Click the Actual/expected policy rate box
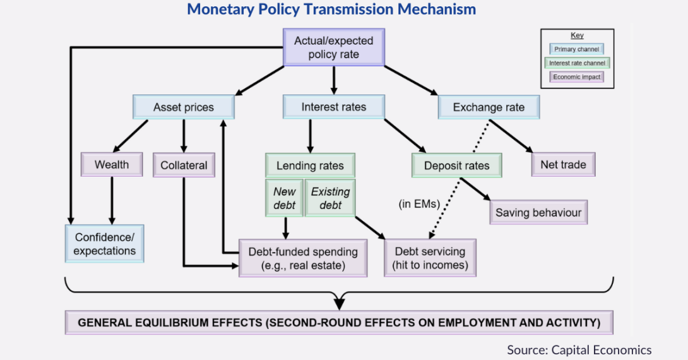click(333, 48)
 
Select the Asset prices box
click(183, 107)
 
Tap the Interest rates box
click(333, 107)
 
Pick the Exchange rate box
click(489, 107)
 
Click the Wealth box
click(112, 165)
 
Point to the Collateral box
click(184, 165)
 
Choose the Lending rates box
click(310, 166)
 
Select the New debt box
click(284, 198)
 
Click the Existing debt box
click(330, 198)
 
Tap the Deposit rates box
click(456, 166)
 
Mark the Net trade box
click(563, 165)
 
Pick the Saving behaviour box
click(538, 213)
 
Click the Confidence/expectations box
click(104, 244)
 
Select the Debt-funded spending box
click(303, 258)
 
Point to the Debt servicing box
click(430, 258)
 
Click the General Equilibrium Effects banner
click(339, 323)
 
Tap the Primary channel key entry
click(577, 49)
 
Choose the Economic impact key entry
click(577, 77)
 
